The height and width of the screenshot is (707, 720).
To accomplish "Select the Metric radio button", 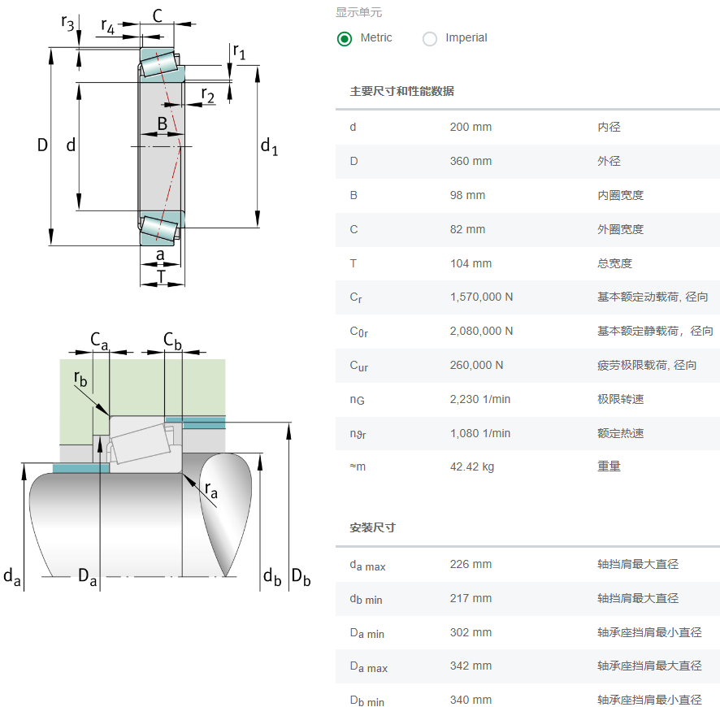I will [x=345, y=38].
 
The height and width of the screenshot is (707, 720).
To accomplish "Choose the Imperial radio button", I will [x=430, y=38].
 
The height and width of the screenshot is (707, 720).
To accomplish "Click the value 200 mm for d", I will [x=471, y=127].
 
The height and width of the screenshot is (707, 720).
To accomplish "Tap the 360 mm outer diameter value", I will [x=471, y=161].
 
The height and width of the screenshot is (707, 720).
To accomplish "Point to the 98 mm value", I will [x=467, y=195].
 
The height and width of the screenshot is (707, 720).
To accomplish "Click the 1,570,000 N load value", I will [x=481, y=297].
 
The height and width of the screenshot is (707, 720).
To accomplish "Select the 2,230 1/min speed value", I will [x=480, y=399].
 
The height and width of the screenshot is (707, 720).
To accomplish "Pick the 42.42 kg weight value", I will [x=472, y=466].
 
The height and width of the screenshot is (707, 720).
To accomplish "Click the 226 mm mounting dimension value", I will [x=471, y=564].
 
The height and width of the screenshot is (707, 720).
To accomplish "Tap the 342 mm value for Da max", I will [x=471, y=666].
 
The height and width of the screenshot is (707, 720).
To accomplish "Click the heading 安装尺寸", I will [x=372, y=527].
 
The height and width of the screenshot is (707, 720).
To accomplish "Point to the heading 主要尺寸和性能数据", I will [x=401, y=91].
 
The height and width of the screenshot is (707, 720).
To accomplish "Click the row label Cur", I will [x=358, y=366].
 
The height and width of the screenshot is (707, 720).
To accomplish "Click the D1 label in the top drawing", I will [x=269, y=147].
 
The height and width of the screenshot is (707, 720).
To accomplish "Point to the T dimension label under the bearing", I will [x=161, y=276].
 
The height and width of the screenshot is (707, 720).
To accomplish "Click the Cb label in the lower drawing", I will [x=172, y=340].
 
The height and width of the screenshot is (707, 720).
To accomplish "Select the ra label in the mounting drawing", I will [x=210, y=489].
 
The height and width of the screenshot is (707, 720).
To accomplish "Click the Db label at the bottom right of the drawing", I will [x=301, y=578].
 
